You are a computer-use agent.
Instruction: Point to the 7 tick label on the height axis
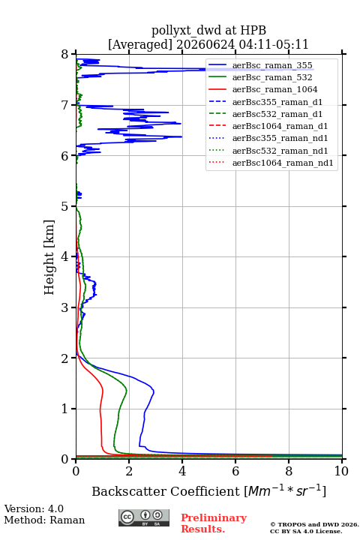click(65, 105)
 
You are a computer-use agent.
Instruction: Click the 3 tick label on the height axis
click(65, 307)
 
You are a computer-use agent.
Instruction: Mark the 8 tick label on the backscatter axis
click(289, 471)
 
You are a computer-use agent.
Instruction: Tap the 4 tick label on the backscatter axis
click(182, 471)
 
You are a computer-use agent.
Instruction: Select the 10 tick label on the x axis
click(341, 471)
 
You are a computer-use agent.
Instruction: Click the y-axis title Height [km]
click(49, 257)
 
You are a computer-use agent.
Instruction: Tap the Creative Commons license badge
click(144, 517)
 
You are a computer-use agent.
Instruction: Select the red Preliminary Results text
click(214, 523)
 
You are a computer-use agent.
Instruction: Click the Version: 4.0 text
click(34, 509)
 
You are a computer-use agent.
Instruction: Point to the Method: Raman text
click(44, 520)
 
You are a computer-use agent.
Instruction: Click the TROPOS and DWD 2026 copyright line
click(314, 524)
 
